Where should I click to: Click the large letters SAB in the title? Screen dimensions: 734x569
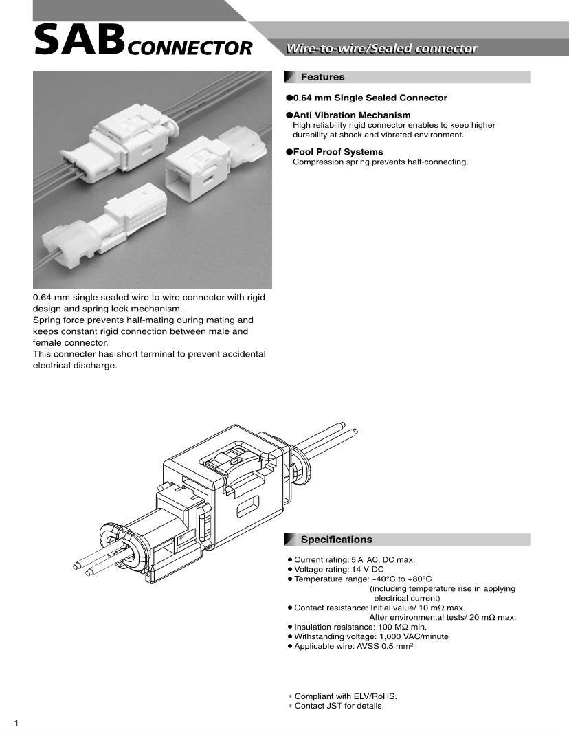[x=79, y=41]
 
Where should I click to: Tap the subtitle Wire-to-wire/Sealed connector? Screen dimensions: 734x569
[x=381, y=48]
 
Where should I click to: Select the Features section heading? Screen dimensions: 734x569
[x=322, y=77]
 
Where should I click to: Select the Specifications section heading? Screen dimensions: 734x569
[x=336, y=540]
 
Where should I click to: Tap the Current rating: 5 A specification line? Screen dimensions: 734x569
[x=354, y=560]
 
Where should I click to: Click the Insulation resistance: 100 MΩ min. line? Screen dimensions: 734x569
[x=360, y=627]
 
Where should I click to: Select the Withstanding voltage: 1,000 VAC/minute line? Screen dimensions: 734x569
[x=371, y=636]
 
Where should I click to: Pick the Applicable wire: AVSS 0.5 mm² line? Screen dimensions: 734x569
[x=353, y=646]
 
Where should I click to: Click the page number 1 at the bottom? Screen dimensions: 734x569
[x=16, y=722]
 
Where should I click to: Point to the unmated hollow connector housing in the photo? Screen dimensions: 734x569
[x=196, y=168]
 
